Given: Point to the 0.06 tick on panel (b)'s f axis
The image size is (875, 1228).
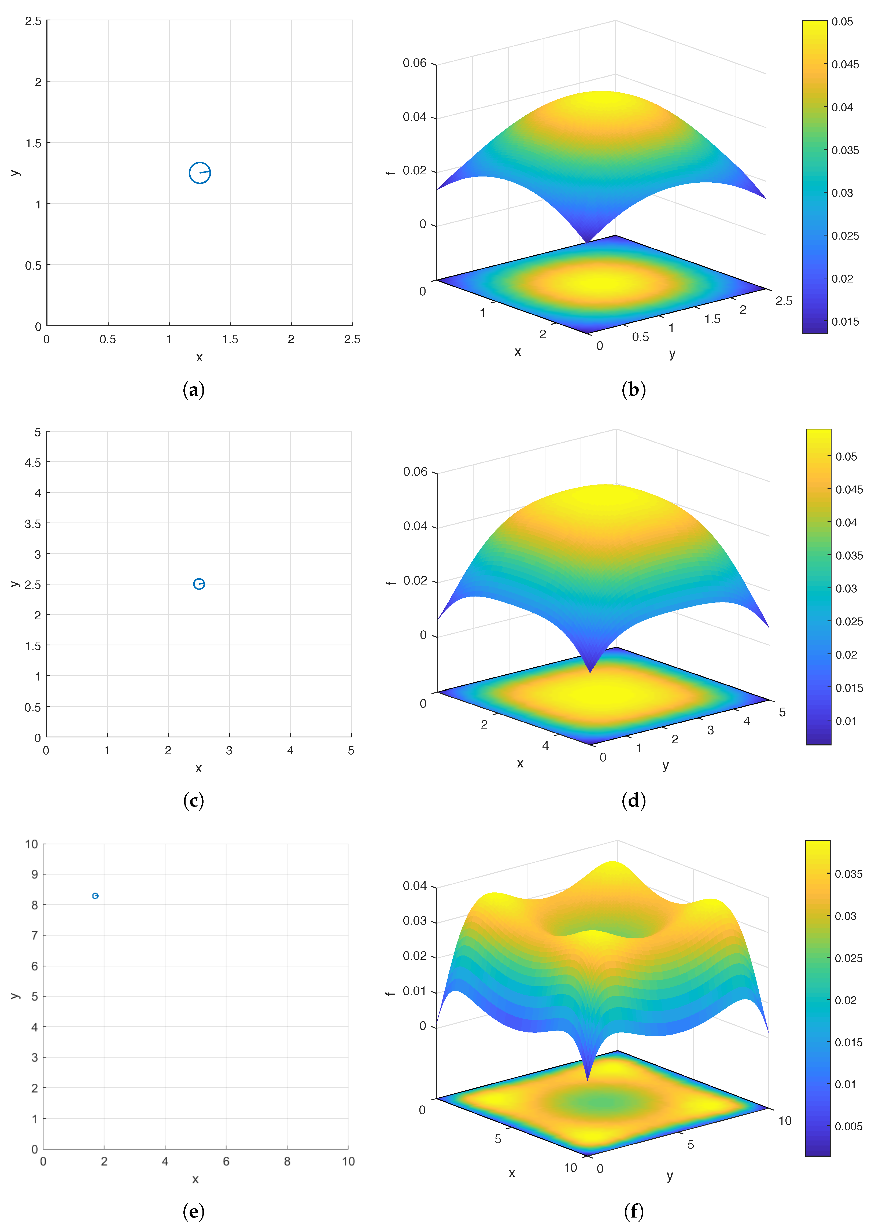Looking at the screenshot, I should (x=415, y=63).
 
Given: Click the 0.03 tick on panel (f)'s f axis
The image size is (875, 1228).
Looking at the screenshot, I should (x=415, y=920).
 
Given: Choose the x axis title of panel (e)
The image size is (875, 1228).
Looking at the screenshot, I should (x=195, y=1179).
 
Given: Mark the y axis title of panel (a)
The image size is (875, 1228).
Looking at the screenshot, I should (x=15, y=173).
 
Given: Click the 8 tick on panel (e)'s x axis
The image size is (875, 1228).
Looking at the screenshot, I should (x=287, y=1161).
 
